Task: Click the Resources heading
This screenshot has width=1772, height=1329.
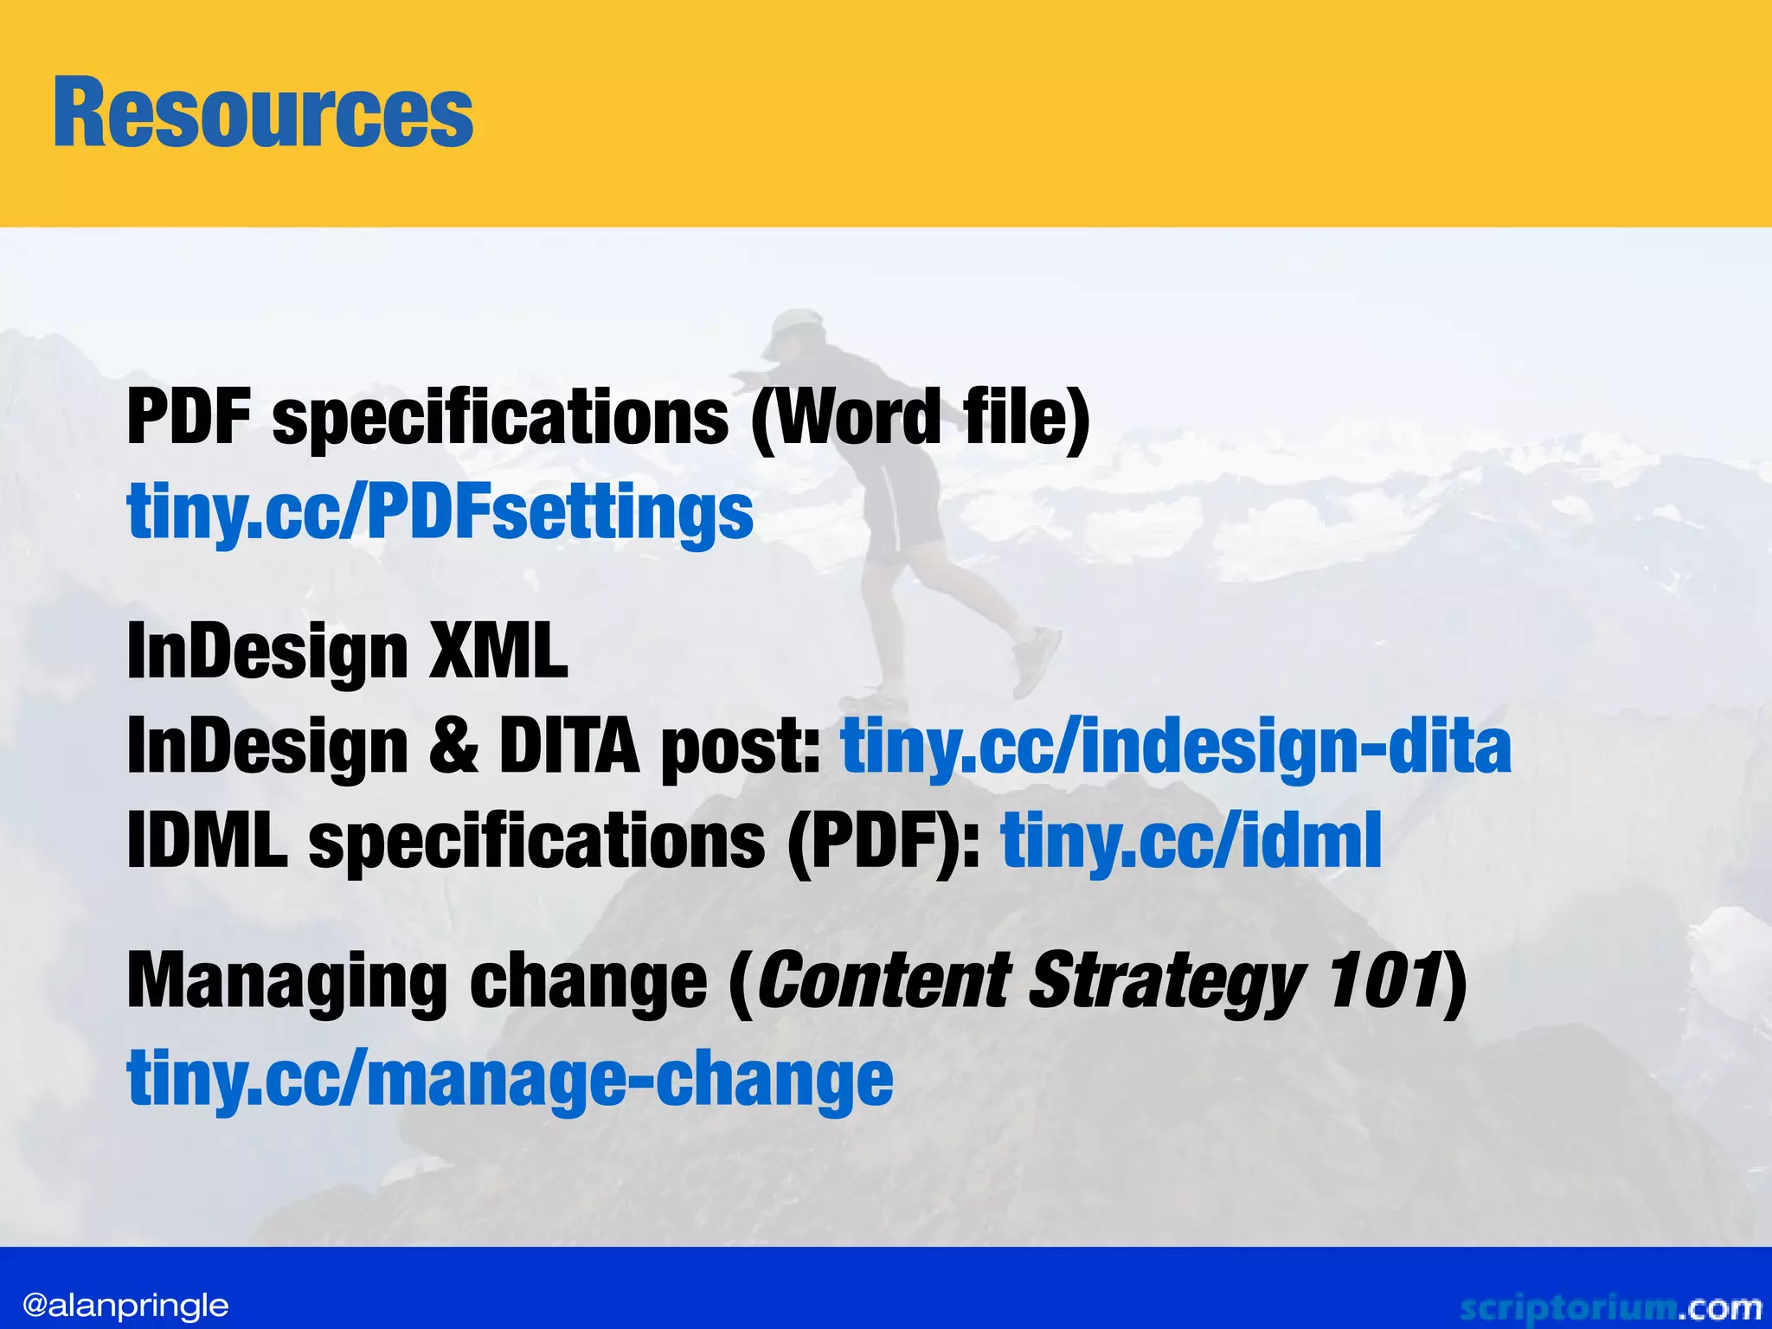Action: [263, 112]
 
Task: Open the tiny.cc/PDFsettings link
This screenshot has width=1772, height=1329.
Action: [440, 512]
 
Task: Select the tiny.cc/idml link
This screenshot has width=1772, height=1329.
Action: [1191, 840]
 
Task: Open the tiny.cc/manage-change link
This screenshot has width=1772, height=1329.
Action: [510, 1078]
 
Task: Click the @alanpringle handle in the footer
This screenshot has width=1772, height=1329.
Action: [125, 1305]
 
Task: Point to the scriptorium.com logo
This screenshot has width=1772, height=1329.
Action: [1609, 1307]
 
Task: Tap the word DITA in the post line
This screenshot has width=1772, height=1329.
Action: [568, 746]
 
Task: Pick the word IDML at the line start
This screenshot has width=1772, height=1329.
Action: [207, 840]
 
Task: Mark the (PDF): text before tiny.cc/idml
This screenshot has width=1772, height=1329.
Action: [884, 840]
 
